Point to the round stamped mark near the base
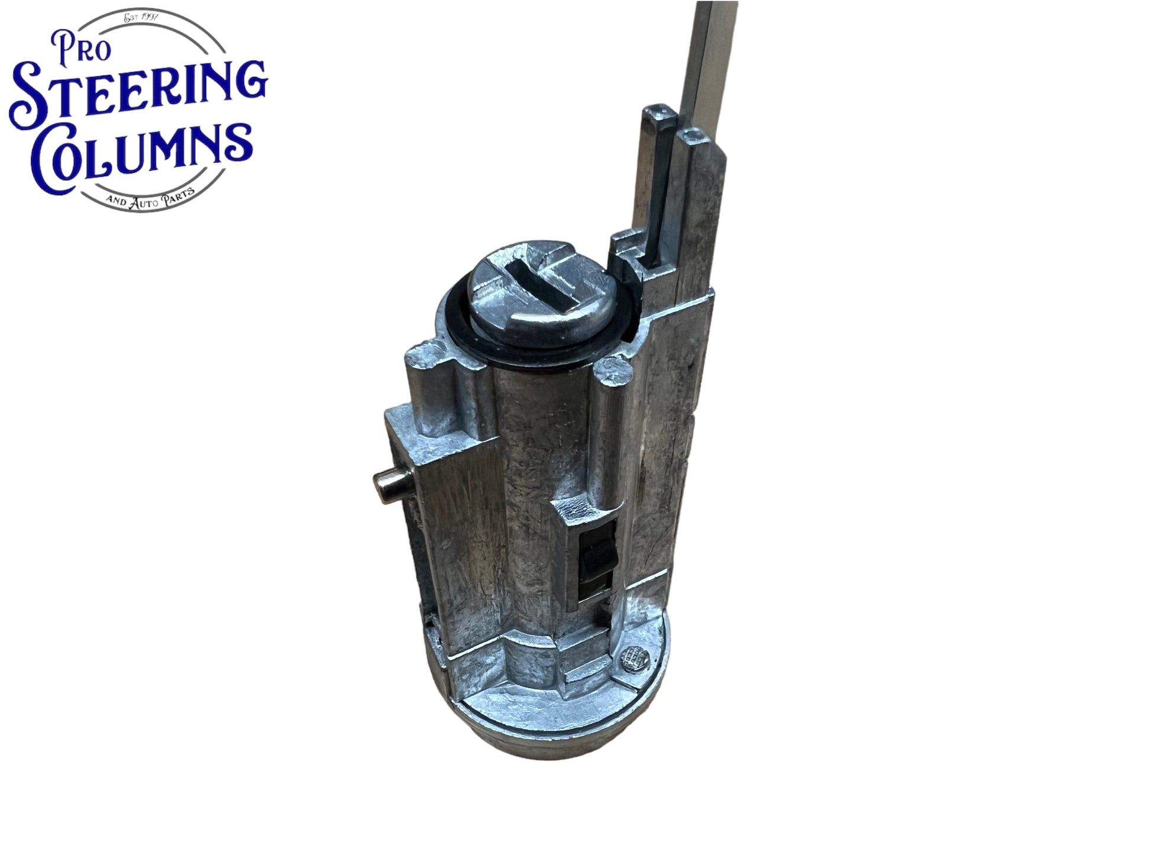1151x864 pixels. click(636, 655)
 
